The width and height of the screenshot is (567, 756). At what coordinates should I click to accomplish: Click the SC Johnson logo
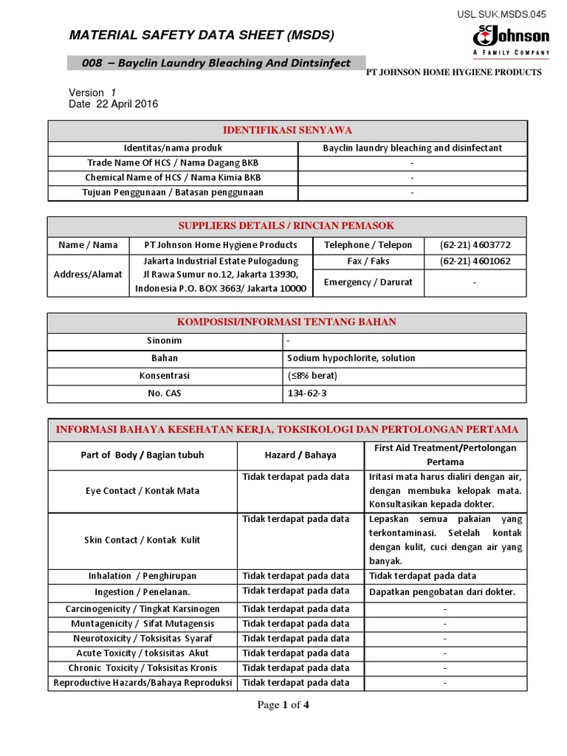[511, 39]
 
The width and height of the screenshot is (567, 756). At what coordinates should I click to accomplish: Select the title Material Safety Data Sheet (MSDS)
[202, 35]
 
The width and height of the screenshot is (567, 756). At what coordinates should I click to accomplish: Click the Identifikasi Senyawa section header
[287, 130]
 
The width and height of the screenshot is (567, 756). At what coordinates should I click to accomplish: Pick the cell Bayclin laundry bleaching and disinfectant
[412, 148]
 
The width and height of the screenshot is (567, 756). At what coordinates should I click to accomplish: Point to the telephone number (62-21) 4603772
[475, 244]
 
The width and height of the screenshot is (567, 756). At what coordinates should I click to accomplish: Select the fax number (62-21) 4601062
[475, 261]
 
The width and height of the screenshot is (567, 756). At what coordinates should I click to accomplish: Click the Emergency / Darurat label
[368, 282]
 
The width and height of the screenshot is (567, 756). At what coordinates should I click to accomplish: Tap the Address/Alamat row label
[88, 275]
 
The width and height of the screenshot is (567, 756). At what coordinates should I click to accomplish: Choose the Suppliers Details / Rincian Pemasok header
[287, 225]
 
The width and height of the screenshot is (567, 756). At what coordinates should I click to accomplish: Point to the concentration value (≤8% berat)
[312, 376]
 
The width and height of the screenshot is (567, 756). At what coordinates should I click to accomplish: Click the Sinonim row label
[165, 341]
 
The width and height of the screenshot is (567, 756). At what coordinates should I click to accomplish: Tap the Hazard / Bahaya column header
[300, 455]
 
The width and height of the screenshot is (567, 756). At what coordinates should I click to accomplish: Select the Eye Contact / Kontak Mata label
[142, 491]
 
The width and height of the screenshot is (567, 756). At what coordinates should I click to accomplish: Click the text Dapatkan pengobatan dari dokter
[441, 592]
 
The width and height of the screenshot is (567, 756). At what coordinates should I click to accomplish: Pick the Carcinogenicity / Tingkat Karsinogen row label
[142, 609]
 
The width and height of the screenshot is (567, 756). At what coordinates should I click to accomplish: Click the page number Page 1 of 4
[283, 704]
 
